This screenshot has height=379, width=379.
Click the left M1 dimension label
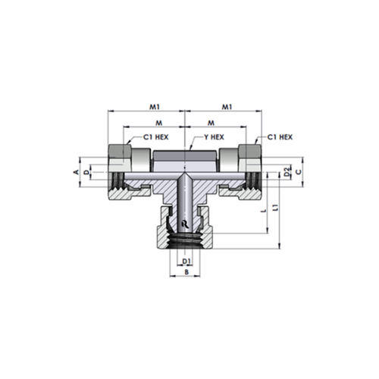click(x=155, y=107)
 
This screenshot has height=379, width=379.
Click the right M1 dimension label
click(x=227, y=107)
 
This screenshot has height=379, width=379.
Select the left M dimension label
click(x=158, y=123)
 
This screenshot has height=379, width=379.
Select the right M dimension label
click(x=211, y=123)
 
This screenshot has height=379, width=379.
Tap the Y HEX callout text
click(x=214, y=137)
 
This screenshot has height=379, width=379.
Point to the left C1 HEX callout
click(x=156, y=137)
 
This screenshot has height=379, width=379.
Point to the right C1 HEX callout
click(x=280, y=137)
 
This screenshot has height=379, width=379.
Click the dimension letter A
click(x=76, y=172)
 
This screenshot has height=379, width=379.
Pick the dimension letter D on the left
click(x=86, y=172)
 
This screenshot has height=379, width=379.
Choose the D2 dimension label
click(x=287, y=172)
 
